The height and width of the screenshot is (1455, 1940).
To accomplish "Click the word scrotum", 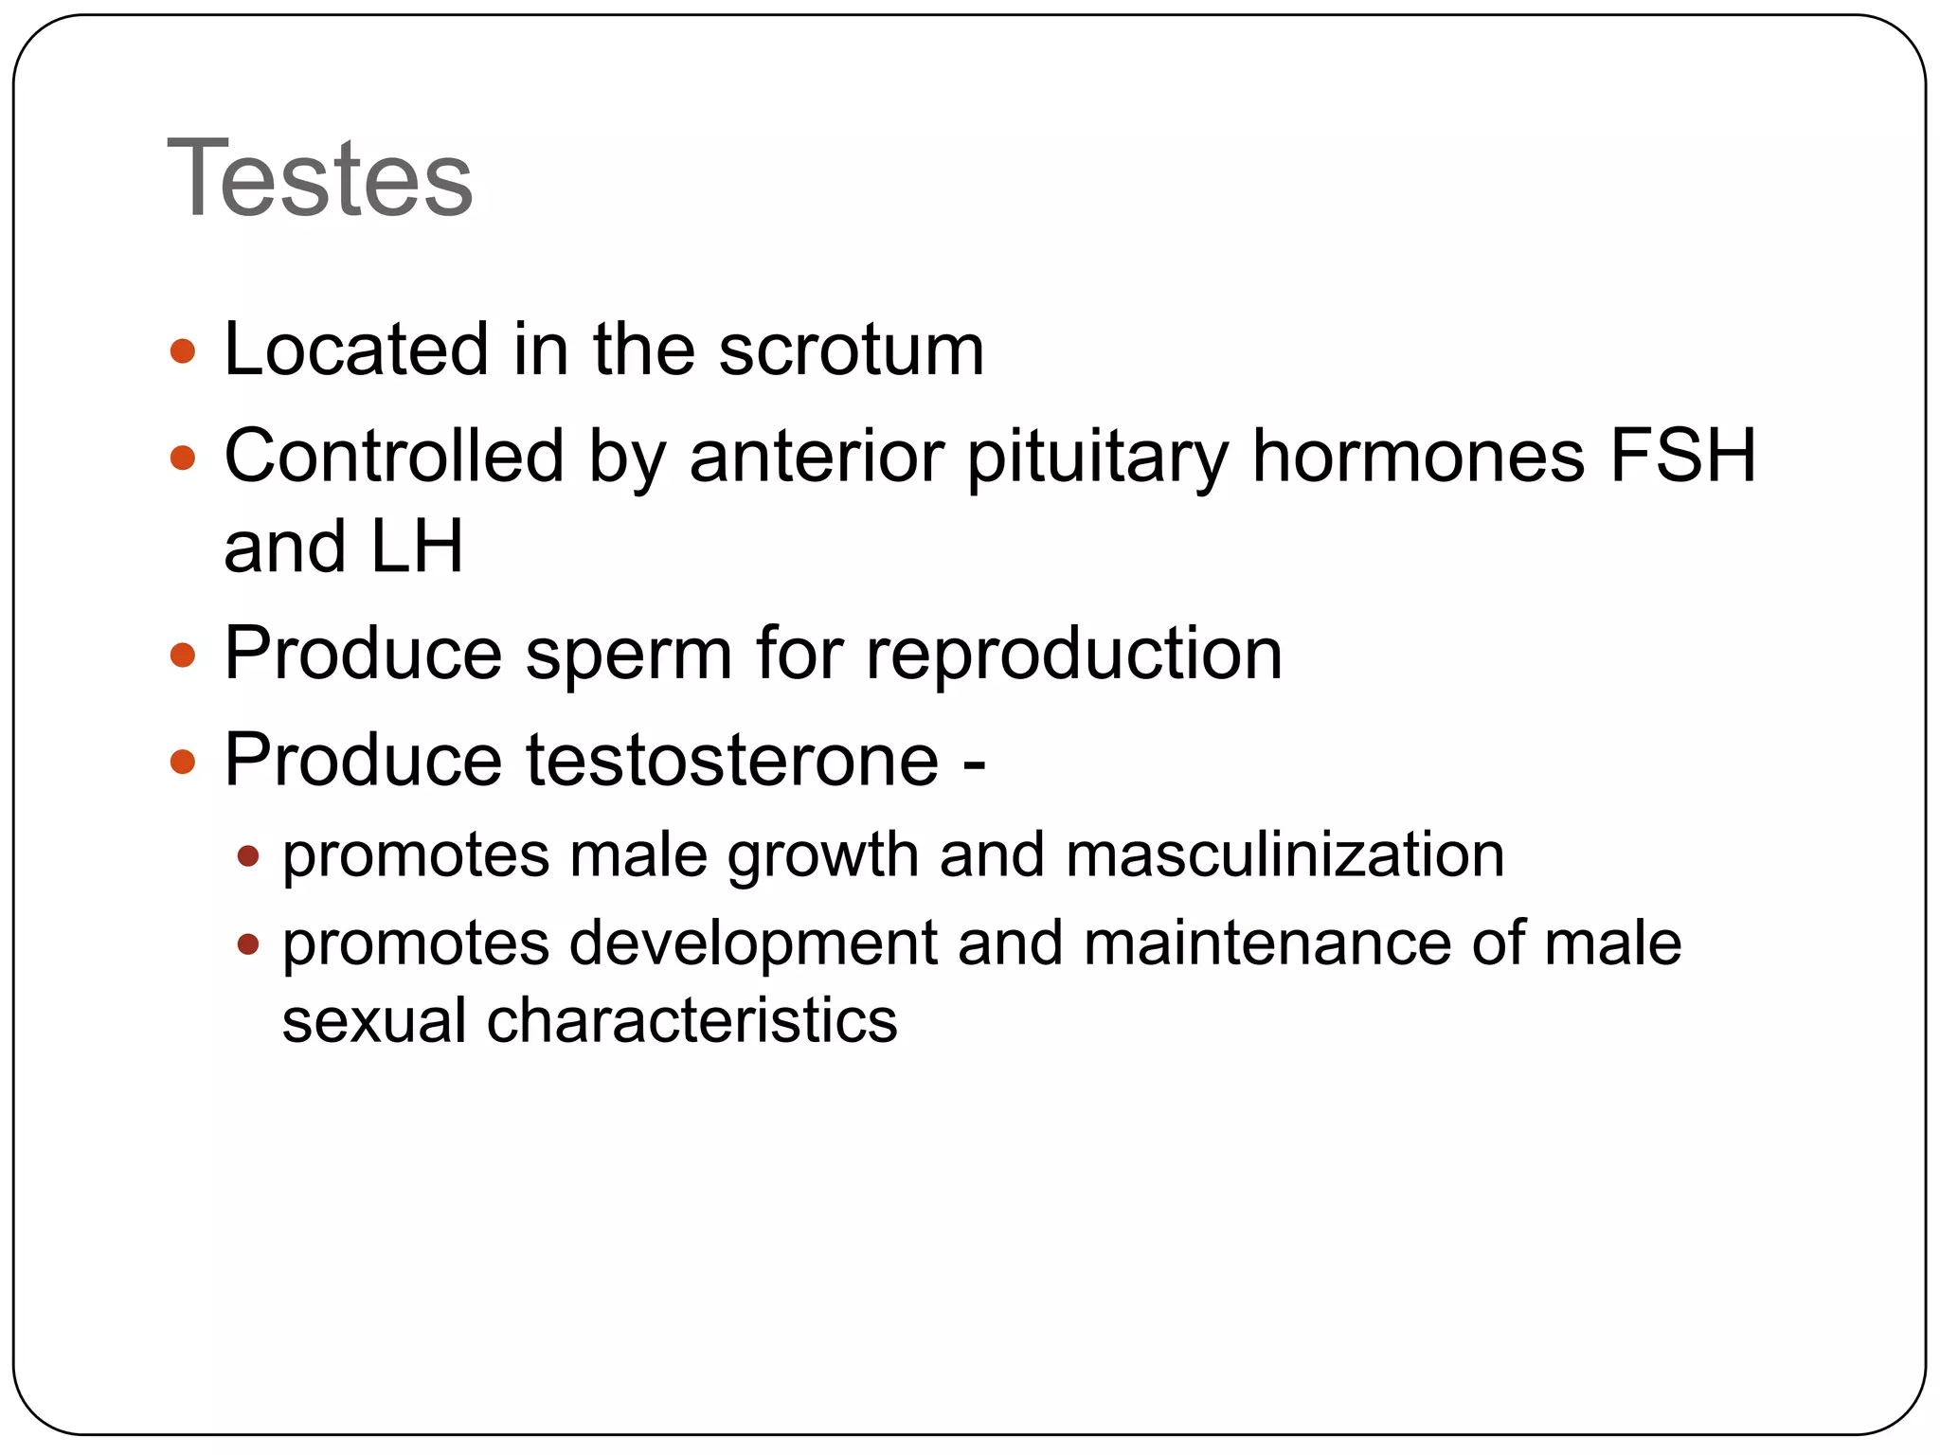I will [851, 350].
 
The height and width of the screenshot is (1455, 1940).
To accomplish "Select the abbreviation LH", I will [417, 548].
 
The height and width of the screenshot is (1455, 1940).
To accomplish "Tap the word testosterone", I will [732, 760].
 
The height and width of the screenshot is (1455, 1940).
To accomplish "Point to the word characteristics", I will [692, 1021].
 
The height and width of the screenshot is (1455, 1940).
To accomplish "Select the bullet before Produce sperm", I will [183, 655].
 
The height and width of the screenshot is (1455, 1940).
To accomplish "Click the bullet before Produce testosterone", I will [183, 761].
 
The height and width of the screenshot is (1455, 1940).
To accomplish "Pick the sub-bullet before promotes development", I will [248, 944].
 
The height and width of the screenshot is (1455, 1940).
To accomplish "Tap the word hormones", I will [1418, 457].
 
